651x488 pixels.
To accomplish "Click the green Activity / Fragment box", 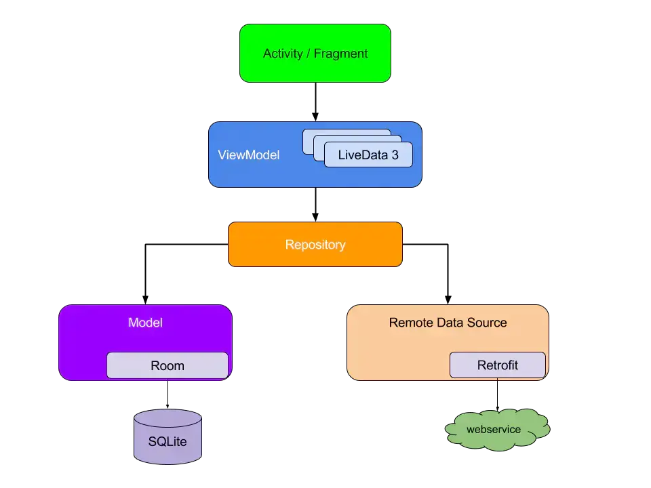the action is coord(315,53).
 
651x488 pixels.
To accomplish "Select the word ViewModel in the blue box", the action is coord(249,155).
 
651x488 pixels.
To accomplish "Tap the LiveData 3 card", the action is coord(368,155).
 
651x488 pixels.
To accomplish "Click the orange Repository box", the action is coord(315,245).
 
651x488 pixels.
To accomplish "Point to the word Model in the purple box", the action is coord(145,323).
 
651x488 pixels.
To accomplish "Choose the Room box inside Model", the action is coord(167,365).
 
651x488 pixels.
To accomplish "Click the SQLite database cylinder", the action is coord(167,436).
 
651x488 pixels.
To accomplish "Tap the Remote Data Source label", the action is coord(448,323).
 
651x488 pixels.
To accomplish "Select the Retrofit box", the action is coord(497,365).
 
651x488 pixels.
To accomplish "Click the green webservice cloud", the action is coord(497,430).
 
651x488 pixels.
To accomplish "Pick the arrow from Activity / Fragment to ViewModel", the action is coord(315,102).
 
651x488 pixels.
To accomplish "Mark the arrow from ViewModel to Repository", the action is coord(315,205).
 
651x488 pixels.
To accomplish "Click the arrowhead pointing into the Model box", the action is coord(145,300).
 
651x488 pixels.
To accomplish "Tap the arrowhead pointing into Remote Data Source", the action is coord(448,300).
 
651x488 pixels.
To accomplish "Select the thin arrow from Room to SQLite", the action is coord(167,394).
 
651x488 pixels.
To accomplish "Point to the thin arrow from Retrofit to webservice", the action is coord(497,394).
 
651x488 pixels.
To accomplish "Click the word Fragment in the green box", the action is coord(340,54).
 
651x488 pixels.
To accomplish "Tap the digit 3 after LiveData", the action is coord(395,155).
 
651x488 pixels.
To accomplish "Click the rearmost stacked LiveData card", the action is coord(347,132).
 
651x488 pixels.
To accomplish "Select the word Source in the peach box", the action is coord(487,323).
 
